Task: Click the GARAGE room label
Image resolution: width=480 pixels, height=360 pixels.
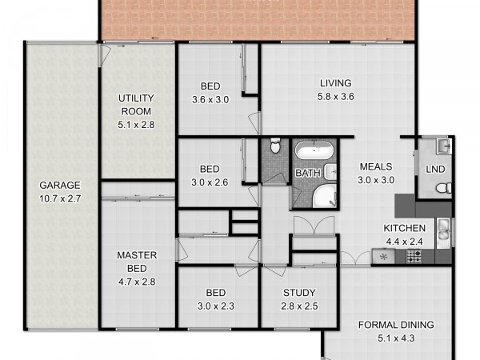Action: point(60,186)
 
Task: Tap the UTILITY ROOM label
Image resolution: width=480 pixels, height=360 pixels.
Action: point(136,105)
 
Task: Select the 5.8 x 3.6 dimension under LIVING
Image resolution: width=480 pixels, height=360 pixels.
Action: point(336,97)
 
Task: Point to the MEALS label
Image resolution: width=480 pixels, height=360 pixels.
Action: point(376,167)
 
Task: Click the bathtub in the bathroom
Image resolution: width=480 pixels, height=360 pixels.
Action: point(314,150)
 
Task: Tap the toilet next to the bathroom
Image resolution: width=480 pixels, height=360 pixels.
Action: point(275,146)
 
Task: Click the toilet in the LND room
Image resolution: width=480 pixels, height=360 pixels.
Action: point(443,188)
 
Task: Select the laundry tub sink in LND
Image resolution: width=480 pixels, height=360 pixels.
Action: point(444,146)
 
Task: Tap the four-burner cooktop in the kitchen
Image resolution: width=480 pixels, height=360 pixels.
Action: point(414,257)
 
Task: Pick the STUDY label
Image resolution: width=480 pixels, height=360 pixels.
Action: point(299,293)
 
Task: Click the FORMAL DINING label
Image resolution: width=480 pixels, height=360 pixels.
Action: point(396,325)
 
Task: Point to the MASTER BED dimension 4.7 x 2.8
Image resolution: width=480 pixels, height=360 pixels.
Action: point(137,282)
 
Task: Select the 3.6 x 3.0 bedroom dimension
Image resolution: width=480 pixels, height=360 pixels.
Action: point(210,100)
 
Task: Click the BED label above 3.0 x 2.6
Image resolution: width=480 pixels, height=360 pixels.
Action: point(210,169)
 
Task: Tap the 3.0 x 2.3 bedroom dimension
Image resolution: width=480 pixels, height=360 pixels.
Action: point(216,306)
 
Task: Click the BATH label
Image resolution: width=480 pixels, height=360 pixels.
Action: point(308,174)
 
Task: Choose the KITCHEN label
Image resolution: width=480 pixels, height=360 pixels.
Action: point(404,228)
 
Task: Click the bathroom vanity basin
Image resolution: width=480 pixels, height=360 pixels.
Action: point(330,172)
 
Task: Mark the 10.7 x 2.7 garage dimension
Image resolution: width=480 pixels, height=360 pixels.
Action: point(60,198)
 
